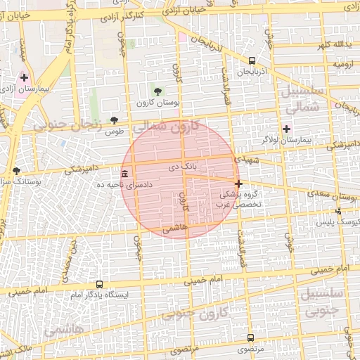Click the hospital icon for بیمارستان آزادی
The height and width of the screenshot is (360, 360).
25,78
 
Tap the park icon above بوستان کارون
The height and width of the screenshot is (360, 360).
157,91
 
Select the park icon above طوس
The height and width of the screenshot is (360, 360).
114,120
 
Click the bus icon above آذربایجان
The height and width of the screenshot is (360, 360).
251,61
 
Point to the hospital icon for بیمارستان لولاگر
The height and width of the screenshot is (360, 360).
285,129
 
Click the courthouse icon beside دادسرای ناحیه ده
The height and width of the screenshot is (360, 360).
124,174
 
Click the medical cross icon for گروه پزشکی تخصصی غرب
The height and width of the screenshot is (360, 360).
238,183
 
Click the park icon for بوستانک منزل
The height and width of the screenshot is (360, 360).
15,171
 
